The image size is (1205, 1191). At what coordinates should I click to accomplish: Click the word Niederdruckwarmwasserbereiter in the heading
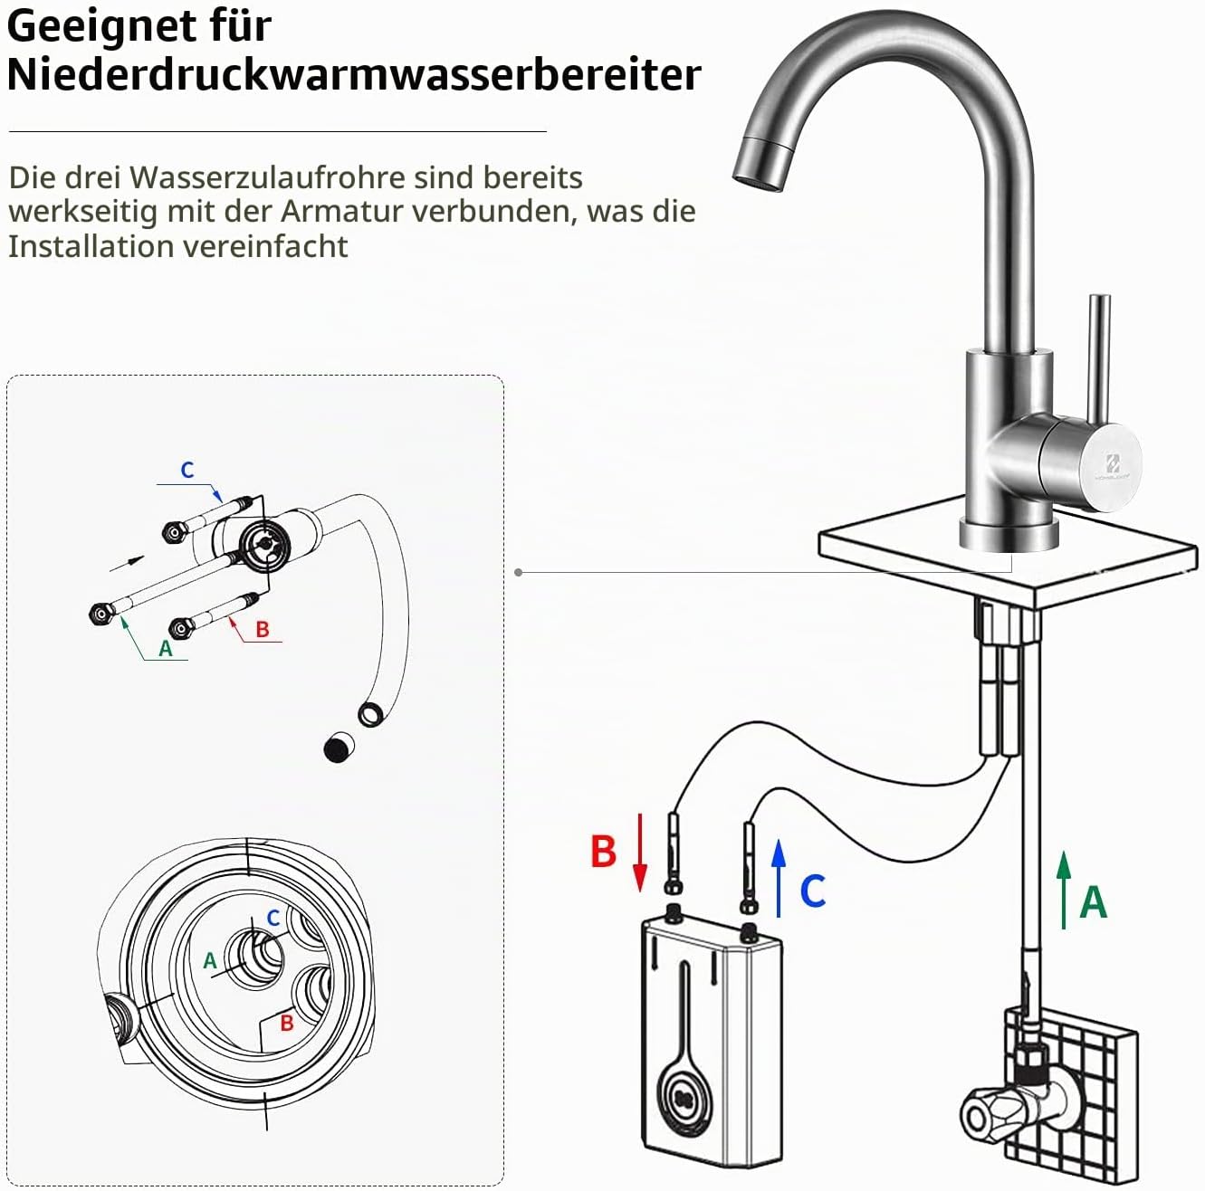pos(354,74)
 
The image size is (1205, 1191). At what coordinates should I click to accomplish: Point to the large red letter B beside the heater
pos(604,851)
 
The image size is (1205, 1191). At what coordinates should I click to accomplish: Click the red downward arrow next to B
pos(639,852)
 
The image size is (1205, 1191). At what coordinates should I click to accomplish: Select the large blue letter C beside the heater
pos(813,891)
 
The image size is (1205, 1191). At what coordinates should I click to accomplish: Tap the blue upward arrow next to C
pos(779,879)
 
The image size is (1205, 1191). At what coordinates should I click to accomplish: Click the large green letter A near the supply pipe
pos(1093,901)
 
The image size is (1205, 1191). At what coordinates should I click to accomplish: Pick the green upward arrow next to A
pos(1064,890)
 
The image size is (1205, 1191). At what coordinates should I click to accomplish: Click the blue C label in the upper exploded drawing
pos(187,470)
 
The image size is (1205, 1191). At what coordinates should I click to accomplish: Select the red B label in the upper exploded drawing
pos(263,629)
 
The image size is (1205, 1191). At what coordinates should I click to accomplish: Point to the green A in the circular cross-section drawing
pos(210,960)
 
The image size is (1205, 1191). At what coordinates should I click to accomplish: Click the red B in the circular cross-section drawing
pos(287,1023)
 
